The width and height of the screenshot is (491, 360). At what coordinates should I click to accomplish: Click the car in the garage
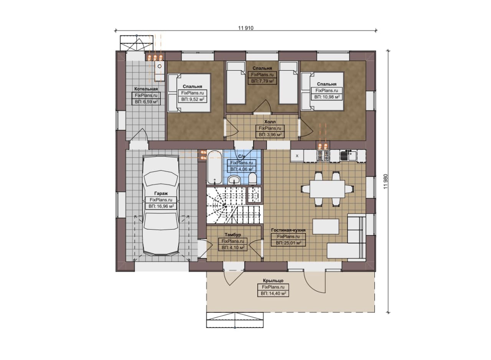point(160,205)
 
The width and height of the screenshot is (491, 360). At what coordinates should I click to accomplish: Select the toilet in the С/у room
point(252,179)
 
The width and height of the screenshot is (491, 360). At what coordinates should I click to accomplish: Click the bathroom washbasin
point(234,180)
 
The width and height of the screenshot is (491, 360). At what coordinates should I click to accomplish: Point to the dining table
point(327,189)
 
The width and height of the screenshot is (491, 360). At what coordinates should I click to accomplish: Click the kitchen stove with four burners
point(323,156)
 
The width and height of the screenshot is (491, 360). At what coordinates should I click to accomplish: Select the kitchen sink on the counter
point(349,155)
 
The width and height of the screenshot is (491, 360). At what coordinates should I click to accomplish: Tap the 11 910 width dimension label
point(246,28)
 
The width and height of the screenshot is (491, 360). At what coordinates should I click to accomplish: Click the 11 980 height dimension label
point(386,181)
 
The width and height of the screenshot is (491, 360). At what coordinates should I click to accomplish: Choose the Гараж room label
point(161,194)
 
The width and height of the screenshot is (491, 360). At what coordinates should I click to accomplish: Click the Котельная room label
point(146,89)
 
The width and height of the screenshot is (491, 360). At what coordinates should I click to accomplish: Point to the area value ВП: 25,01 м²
point(288,243)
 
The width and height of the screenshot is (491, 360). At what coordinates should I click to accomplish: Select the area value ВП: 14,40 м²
point(273,293)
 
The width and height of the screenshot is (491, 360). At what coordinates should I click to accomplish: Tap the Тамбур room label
point(233,235)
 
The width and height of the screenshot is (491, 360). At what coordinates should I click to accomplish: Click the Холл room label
point(270,122)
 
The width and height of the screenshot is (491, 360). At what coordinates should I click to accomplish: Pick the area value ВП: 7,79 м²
point(262,81)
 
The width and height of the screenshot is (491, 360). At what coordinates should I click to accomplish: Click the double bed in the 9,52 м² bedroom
point(189,93)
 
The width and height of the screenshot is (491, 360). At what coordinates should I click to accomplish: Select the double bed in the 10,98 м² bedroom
point(322,91)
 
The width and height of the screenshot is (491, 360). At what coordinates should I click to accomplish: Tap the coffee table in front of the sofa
point(326,226)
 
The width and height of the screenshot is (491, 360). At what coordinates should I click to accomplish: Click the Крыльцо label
point(273,281)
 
